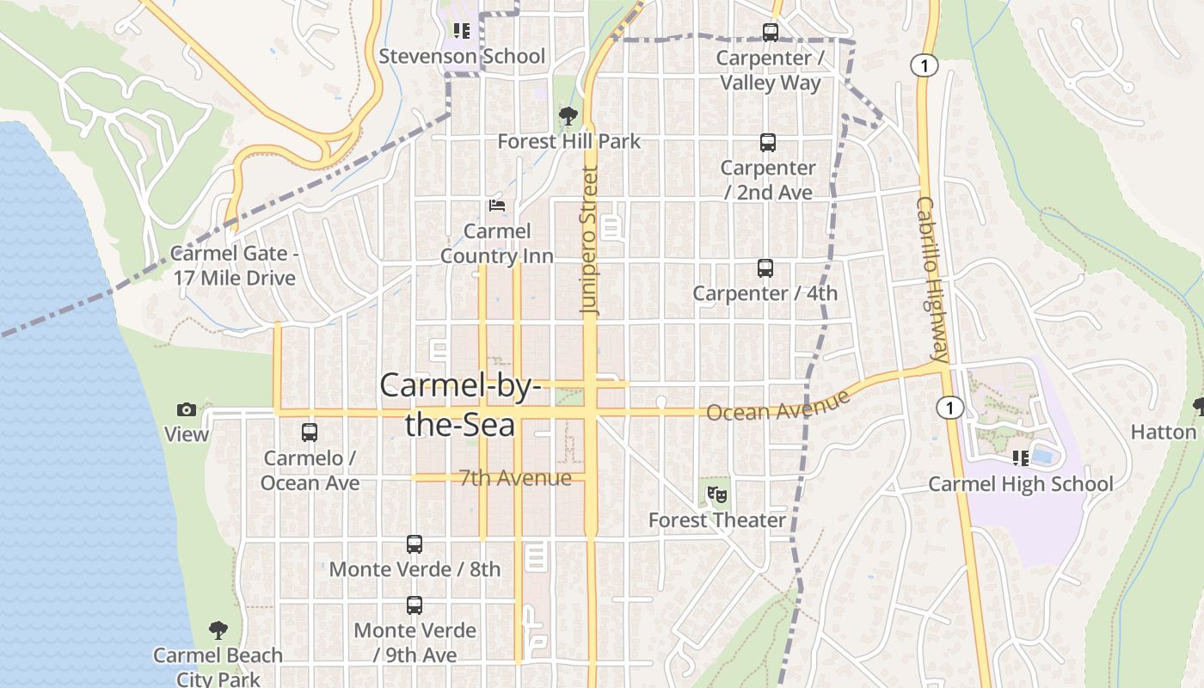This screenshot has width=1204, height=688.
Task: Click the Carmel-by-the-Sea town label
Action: [460, 404]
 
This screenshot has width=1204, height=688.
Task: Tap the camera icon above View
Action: [187, 410]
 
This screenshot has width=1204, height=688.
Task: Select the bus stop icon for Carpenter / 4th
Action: [765, 268]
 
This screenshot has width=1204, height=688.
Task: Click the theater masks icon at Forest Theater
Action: [716, 494]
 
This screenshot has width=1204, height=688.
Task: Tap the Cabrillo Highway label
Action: [931, 279]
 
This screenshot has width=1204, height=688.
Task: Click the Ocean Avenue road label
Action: [778, 406]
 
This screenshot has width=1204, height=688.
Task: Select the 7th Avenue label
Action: [515, 478]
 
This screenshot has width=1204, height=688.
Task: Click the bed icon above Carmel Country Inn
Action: [497, 206]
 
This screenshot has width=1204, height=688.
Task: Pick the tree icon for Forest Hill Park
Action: [568, 115]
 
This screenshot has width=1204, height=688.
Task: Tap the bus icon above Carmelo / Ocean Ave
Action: [310, 433]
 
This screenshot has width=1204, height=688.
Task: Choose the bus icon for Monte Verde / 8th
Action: [415, 544]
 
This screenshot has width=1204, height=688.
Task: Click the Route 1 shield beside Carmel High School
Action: [949, 408]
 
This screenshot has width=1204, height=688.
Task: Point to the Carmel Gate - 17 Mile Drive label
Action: [234, 266]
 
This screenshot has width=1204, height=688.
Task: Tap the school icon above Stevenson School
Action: [462, 32]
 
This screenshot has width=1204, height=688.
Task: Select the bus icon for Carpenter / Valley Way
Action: [771, 34]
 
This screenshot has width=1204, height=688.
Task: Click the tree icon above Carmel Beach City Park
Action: [218, 630]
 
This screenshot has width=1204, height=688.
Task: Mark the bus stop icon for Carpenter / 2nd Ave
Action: [768, 143]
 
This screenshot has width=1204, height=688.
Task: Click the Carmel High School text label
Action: [1020, 484]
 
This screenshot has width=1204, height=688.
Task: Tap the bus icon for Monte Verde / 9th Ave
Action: [415, 605]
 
